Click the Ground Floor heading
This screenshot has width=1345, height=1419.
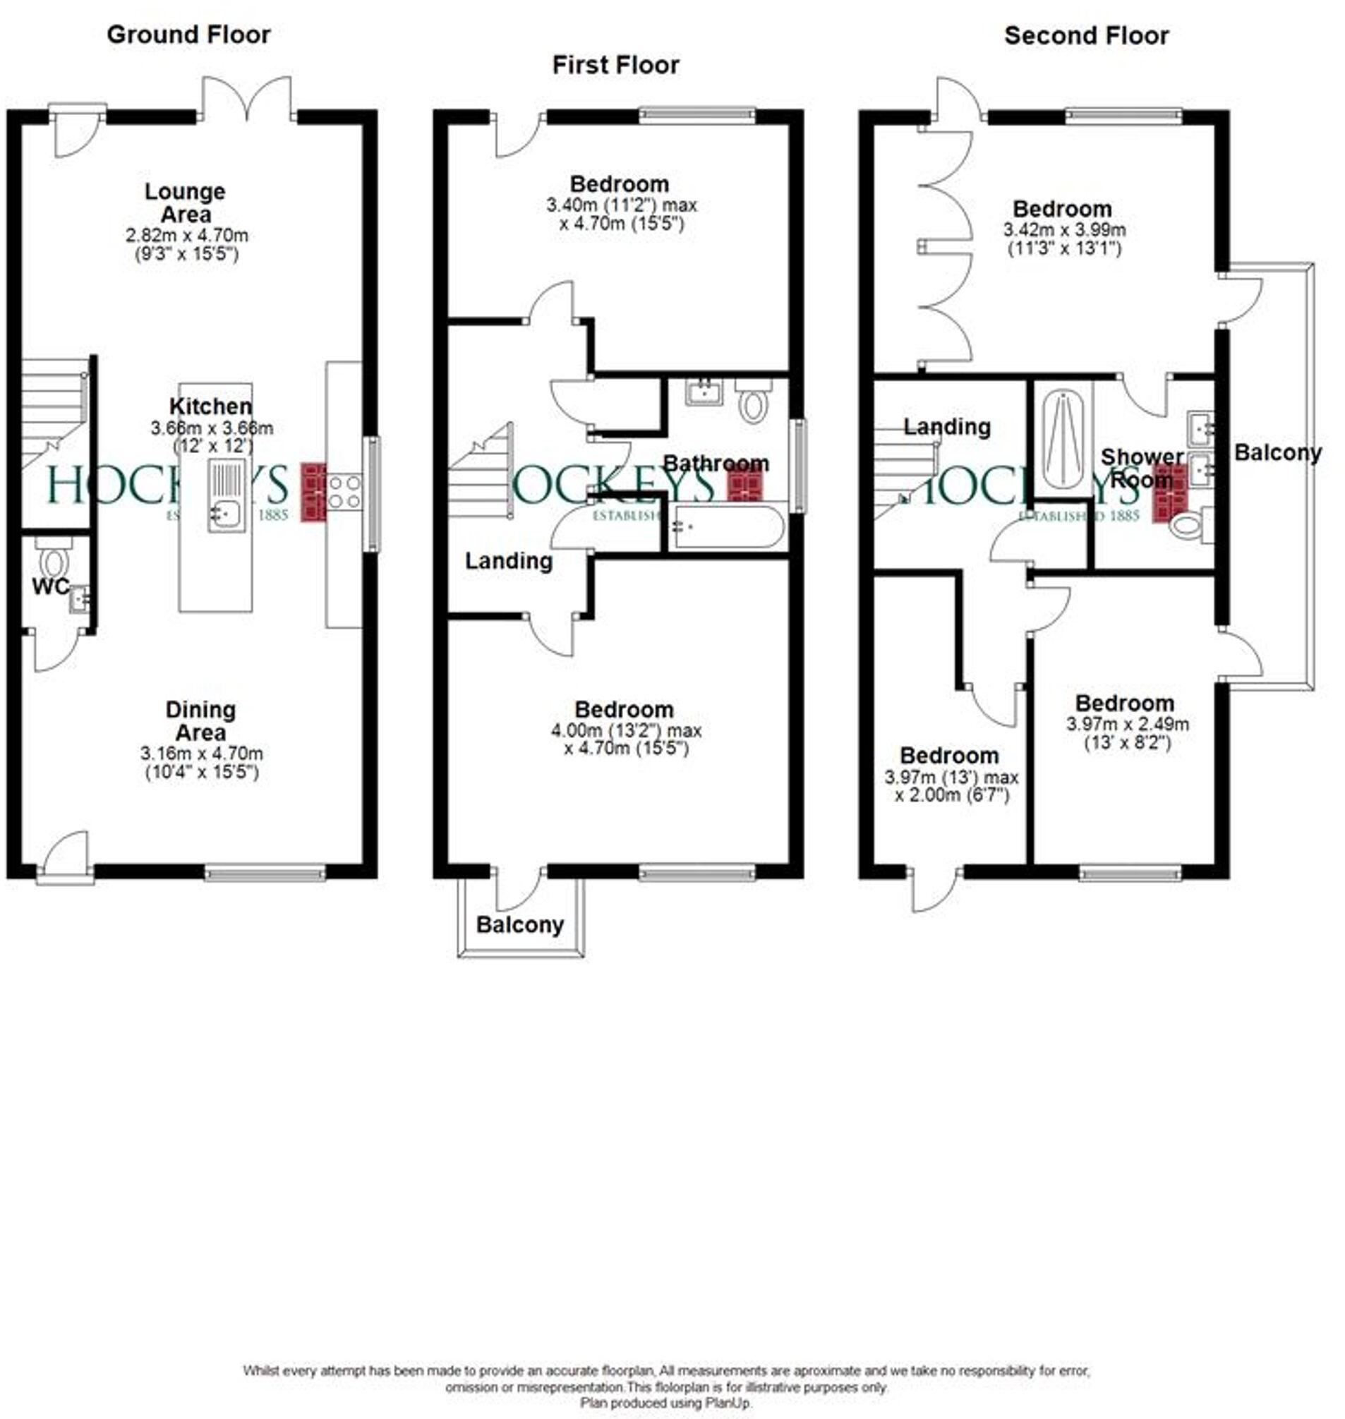pyautogui.click(x=188, y=35)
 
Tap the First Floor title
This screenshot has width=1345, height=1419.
pyautogui.click(x=615, y=65)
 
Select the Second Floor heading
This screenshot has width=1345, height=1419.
pyautogui.click(x=1085, y=36)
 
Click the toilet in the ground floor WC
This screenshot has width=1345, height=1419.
pyautogui.click(x=53, y=558)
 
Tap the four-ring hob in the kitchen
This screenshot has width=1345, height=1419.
pyautogui.click(x=344, y=493)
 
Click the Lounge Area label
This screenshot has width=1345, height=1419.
pyautogui.click(x=185, y=203)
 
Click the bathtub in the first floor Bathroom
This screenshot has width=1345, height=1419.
pyautogui.click(x=728, y=527)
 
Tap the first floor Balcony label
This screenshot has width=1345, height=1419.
pyautogui.click(x=520, y=924)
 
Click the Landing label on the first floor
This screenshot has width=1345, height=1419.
pyautogui.click(x=508, y=561)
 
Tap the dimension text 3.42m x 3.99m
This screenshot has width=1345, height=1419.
pyautogui.click(x=1064, y=230)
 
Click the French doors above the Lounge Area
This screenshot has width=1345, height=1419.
pyautogui.click(x=248, y=100)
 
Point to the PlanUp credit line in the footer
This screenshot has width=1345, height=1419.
pyautogui.click(x=665, y=1403)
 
